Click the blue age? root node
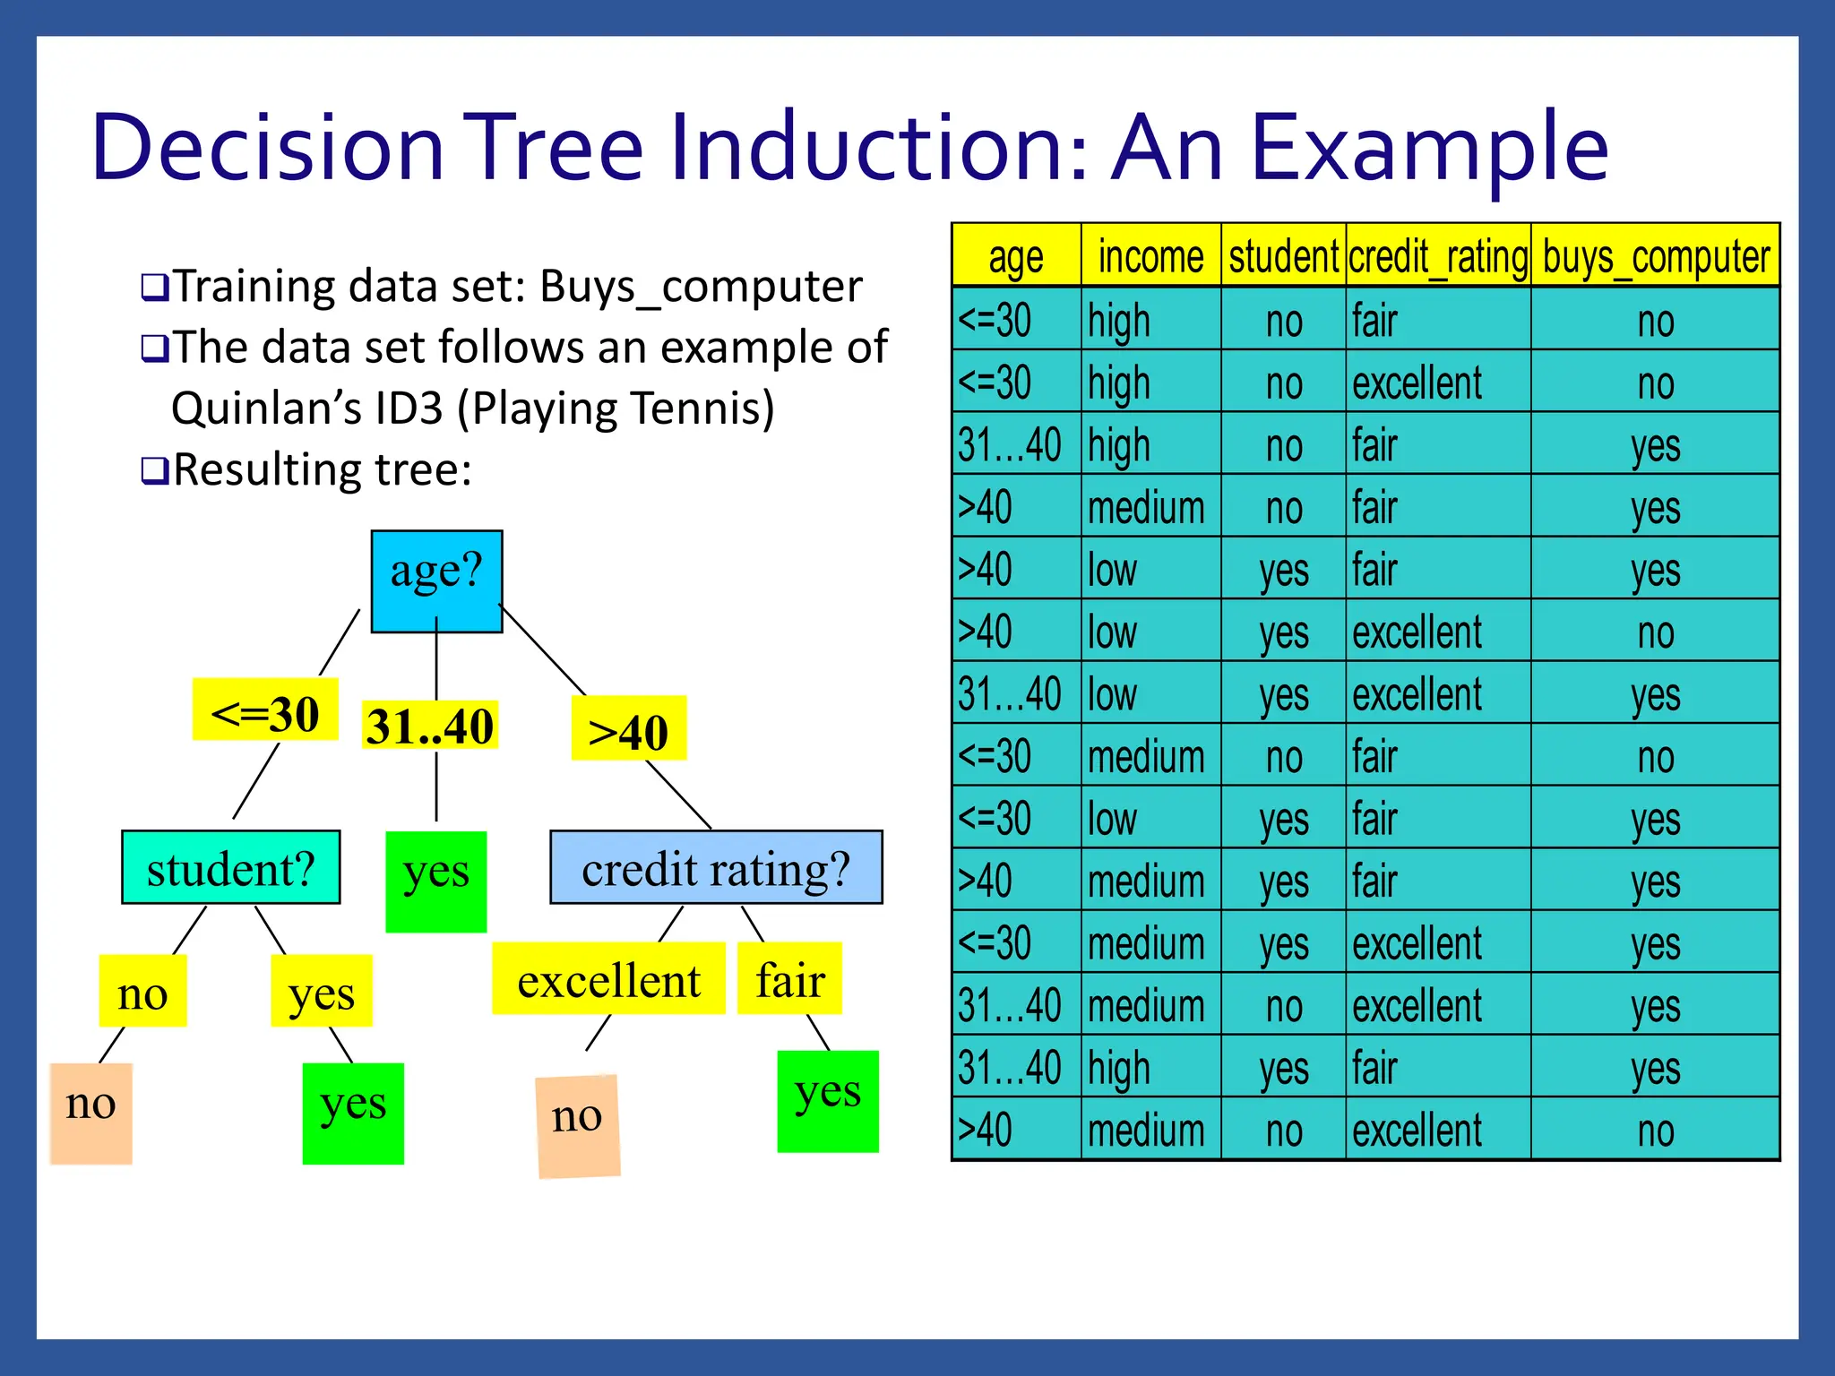[436, 580]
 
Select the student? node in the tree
[231, 867]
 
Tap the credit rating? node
[716, 867]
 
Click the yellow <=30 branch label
[265, 710]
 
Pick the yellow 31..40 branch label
[430, 725]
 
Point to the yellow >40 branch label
[628, 728]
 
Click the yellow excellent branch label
[608, 978]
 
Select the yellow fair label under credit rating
[789, 978]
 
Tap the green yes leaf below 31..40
[436, 881]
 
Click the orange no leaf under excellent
[578, 1125]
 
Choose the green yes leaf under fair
[828, 1101]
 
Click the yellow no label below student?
[142, 991]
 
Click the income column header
[1150, 256]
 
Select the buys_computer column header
[1656, 256]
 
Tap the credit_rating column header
[1438, 256]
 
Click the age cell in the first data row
[1015, 320]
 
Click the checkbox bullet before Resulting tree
[153, 470]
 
